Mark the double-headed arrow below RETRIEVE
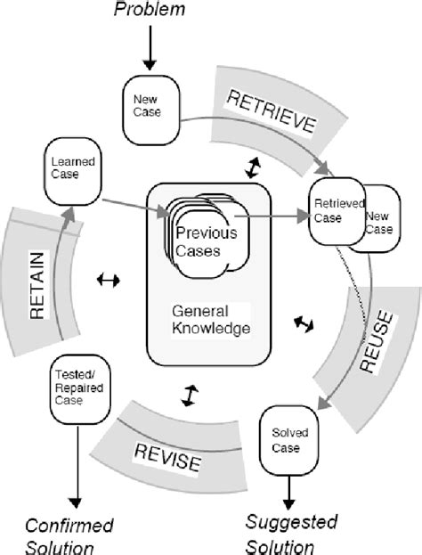tap(254, 167)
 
